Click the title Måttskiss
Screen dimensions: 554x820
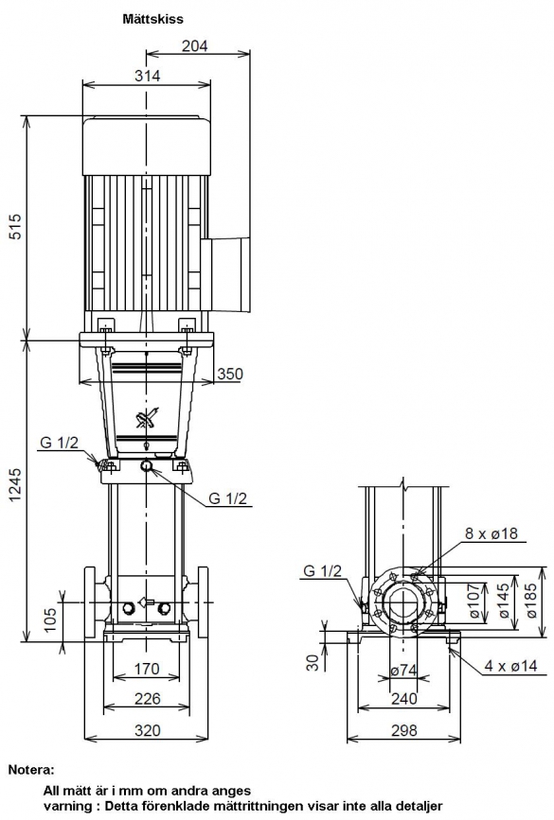point(152,19)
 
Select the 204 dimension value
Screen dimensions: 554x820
point(195,46)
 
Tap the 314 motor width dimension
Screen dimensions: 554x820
point(147,76)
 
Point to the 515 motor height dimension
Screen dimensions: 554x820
point(17,226)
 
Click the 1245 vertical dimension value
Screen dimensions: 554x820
point(17,485)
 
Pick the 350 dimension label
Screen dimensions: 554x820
point(230,374)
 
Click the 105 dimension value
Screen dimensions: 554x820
point(50,619)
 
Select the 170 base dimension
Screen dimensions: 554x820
point(147,669)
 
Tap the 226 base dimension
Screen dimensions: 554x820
point(147,699)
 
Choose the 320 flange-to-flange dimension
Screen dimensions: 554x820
point(147,730)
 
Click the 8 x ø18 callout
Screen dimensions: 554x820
point(491,533)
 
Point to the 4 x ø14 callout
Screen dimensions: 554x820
point(510,666)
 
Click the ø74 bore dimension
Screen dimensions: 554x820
point(403,670)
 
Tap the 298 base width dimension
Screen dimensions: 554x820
point(403,730)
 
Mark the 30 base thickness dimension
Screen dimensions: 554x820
point(313,663)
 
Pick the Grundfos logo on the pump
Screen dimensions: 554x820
point(147,419)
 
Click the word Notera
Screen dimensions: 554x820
point(31,770)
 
